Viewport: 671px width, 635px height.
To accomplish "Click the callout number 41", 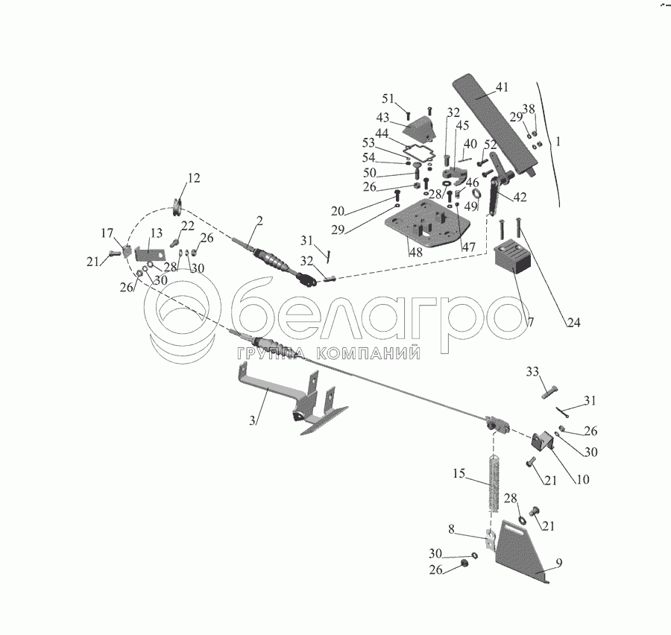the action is (x=502, y=87).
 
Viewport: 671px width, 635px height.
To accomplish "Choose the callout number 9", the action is (x=558, y=562).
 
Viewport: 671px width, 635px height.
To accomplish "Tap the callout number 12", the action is (x=194, y=178).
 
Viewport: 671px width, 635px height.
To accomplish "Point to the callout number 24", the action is (x=573, y=323).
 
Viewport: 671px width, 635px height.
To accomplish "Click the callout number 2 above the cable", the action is (x=259, y=221).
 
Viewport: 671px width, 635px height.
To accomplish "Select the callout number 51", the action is (x=388, y=99).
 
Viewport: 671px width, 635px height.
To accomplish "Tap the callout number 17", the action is (x=108, y=233).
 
